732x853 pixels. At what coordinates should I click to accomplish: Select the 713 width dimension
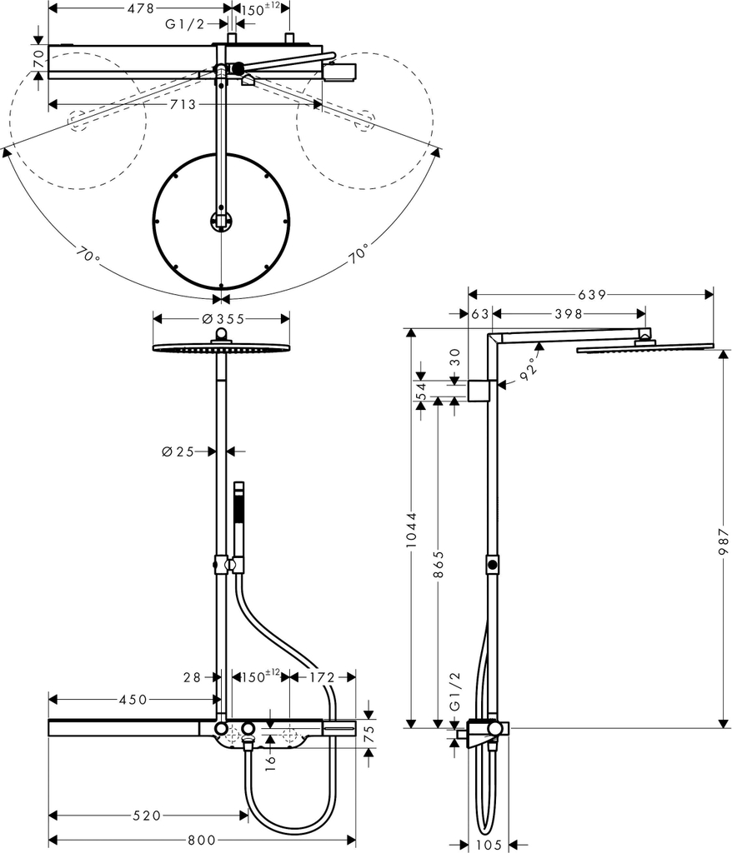pyautogui.click(x=183, y=104)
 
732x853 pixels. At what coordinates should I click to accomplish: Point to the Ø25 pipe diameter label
pyautogui.click(x=178, y=451)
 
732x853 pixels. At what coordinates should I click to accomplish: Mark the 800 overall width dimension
pyautogui.click(x=200, y=841)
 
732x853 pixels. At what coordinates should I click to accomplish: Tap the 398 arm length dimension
pyautogui.click(x=566, y=313)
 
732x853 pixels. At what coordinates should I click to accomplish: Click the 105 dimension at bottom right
pyautogui.click(x=488, y=845)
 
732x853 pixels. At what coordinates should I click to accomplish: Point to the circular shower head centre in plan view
pyautogui.click(x=221, y=221)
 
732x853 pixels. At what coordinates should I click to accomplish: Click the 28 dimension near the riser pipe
pyautogui.click(x=191, y=678)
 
